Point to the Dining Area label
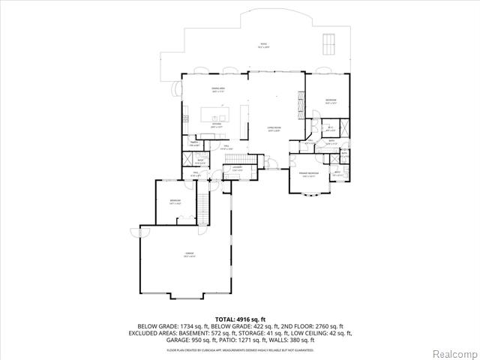tap(218, 91)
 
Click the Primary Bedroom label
tap(310, 175)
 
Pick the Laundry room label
tap(238, 169)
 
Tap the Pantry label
tap(193, 144)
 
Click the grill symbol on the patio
tap(328, 44)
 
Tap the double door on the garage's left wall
tap(137, 233)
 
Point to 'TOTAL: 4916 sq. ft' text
tap(240, 319)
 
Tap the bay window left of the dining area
tap(178, 88)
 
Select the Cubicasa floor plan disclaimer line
tap(240, 349)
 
